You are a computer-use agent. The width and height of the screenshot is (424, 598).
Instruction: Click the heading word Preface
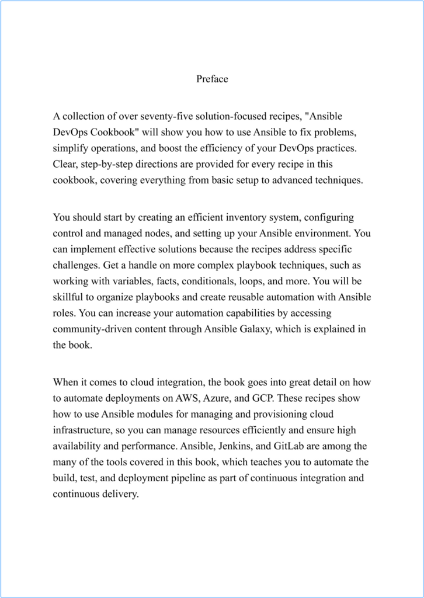tap(212, 79)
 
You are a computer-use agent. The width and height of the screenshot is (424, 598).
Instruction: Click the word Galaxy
tap(254, 329)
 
